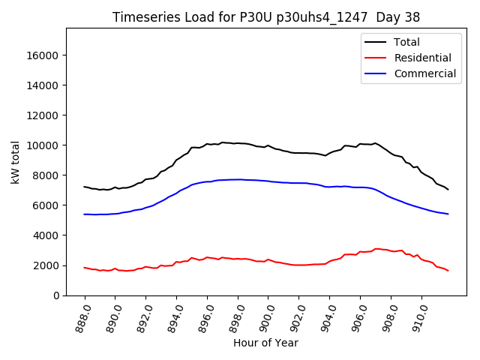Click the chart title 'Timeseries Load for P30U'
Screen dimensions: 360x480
(x=266, y=16)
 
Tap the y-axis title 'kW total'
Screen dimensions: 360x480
(x=16, y=162)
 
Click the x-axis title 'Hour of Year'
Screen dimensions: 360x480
(x=266, y=343)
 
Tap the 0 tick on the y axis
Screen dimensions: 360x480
(x=57, y=295)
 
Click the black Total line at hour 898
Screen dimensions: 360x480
(x=238, y=143)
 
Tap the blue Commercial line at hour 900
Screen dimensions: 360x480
(x=268, y=181)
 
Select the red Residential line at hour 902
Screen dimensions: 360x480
(x=299, y=265)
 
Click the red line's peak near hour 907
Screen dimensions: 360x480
(x=376, y=248)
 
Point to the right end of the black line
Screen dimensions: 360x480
(x=448, y=189)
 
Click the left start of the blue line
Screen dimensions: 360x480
(x=85, y=214)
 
